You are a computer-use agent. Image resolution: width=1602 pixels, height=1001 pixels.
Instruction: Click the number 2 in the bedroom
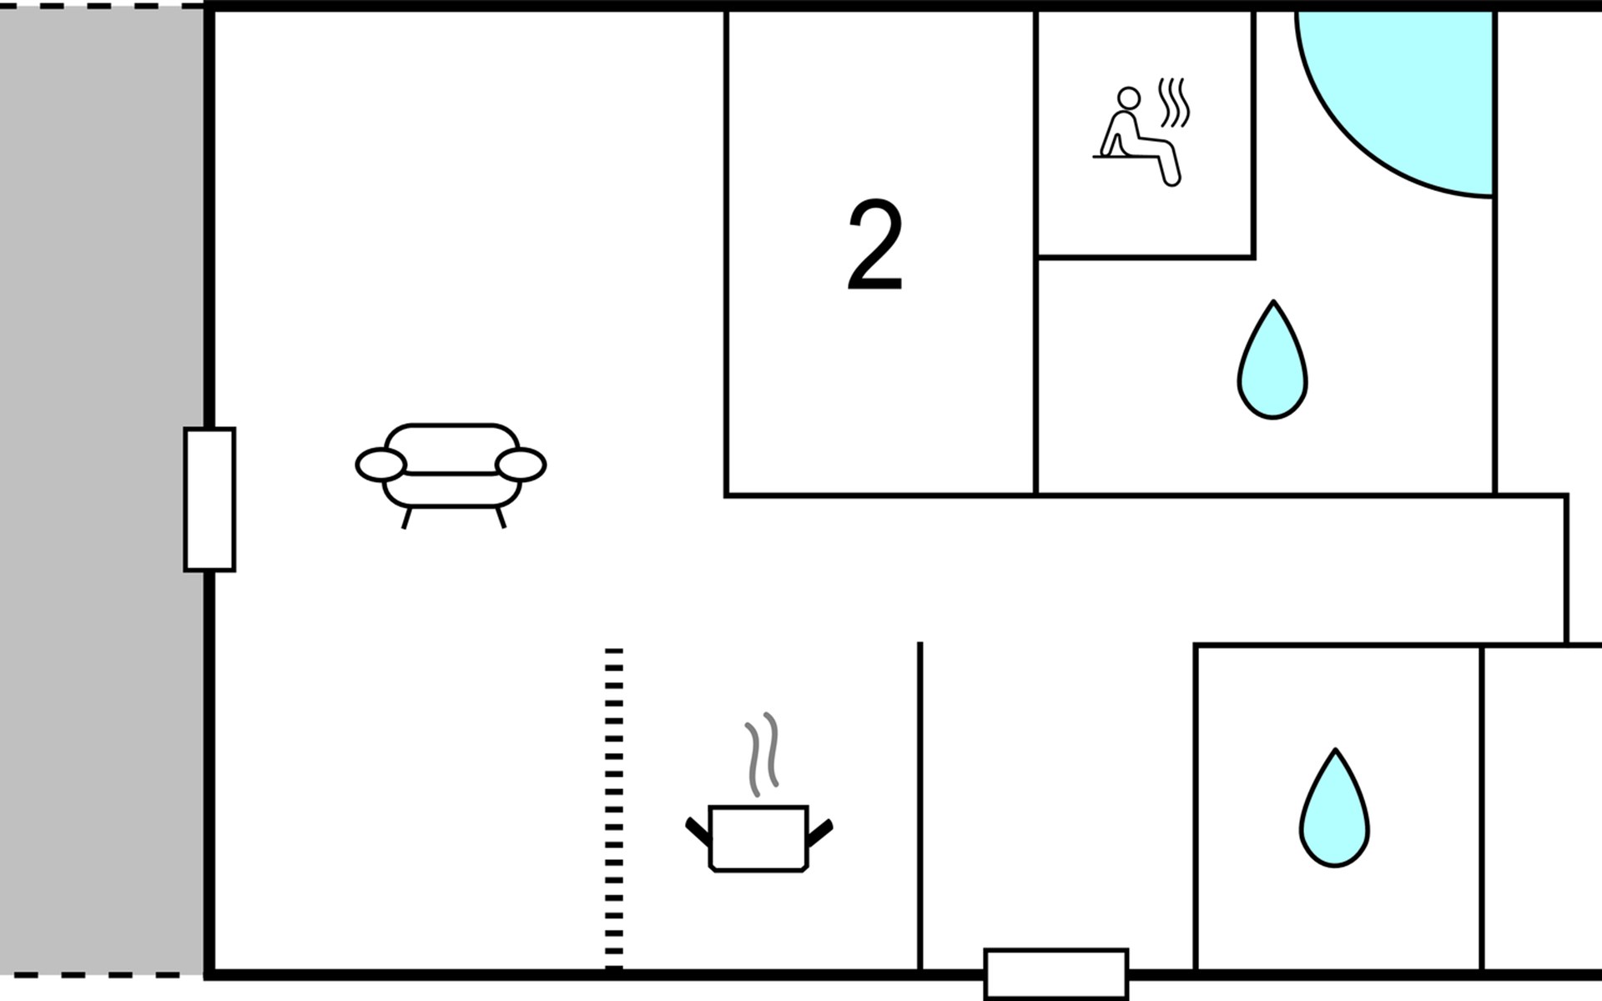875,245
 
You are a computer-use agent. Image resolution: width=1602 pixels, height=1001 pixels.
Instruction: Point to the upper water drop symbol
1272,360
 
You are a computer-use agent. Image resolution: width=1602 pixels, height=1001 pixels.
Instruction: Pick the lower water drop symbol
1334,808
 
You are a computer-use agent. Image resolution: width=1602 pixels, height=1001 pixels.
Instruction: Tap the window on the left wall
209,500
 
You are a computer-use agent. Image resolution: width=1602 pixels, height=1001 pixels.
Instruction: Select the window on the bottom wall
1056,973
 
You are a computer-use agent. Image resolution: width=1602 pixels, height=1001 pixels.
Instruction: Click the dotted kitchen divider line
614,809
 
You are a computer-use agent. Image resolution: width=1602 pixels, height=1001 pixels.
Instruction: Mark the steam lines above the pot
762,754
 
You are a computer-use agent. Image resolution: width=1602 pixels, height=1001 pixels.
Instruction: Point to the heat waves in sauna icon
1173,103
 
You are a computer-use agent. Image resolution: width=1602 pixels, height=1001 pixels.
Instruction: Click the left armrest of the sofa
381,465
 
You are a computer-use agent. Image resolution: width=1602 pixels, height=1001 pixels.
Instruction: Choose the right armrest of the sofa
521,465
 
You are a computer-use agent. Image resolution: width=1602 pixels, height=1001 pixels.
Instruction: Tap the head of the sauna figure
1129,98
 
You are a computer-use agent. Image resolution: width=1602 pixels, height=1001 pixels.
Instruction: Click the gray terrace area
102,490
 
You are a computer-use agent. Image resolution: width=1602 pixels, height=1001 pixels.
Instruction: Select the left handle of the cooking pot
698,832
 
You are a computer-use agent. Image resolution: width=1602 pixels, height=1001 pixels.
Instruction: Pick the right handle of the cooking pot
820,832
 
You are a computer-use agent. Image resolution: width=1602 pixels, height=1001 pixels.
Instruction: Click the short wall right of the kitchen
920,806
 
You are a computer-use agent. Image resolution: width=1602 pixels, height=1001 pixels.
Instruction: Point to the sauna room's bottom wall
1145,257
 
